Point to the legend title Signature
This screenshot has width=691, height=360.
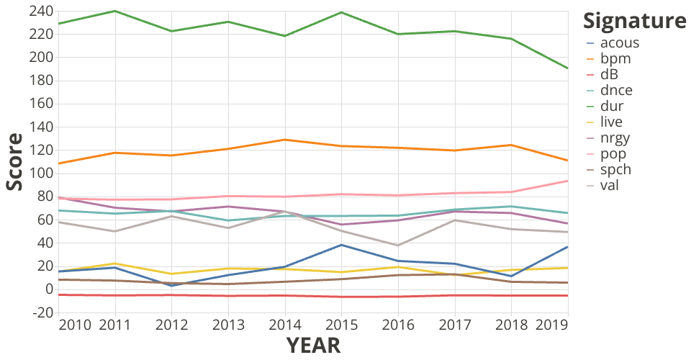pos(634,21)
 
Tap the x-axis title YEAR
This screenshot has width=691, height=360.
pos(313,346)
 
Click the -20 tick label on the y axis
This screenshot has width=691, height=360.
pos(39,312)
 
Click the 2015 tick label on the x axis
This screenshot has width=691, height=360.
pos(342,325)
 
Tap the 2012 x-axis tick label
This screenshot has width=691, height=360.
pos(171,325)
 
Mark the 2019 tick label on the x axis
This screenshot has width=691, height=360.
pos(551,325)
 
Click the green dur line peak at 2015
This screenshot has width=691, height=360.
pos(342,12)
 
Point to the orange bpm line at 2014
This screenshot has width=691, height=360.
pos(285,140)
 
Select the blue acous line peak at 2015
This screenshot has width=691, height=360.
pos(342,245)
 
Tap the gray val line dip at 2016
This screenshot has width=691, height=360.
pos(399,246)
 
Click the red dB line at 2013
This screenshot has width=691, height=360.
pos(228,296)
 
